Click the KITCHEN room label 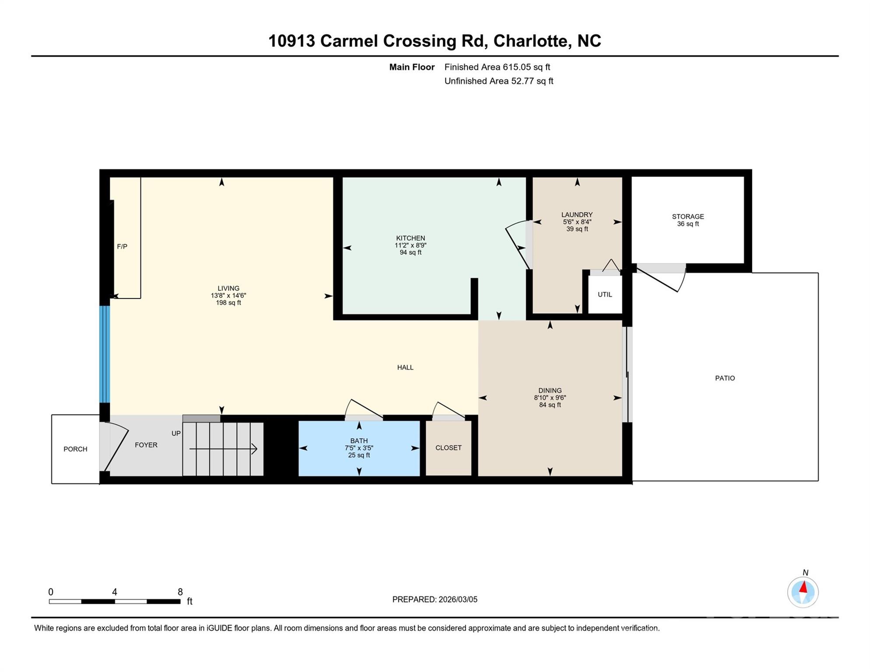pyautogui.click(x=410, y=238)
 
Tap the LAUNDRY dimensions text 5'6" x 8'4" pyautogui.click(x=577, y=222)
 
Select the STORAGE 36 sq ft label pyautogui.click(x=688, y=224)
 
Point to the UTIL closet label pyautogui.click(x=605, y=294)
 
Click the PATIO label pyautogui.click(x=725, y=378)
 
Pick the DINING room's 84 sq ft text pyautogui.click(x=550, y=405)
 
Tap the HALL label pyautogui.click(x=405, y=367)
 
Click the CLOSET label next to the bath pyautogui.click(x=448, y=448)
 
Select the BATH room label pyautogui.click(x=359, y=441)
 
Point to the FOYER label pyautogui.click(x=146, y=445)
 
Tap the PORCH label pyautogui.click(x=75, y=449)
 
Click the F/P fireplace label pyautogui.click(x=122, y=247)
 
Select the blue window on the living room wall pyautogui.click(x=105, y=354)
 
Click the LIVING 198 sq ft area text pyautogui.click(x=228, y=303)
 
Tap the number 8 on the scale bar pyautogui.click(x=180, y=592)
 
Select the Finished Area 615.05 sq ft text pyautogui.click(x=497, y=67)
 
